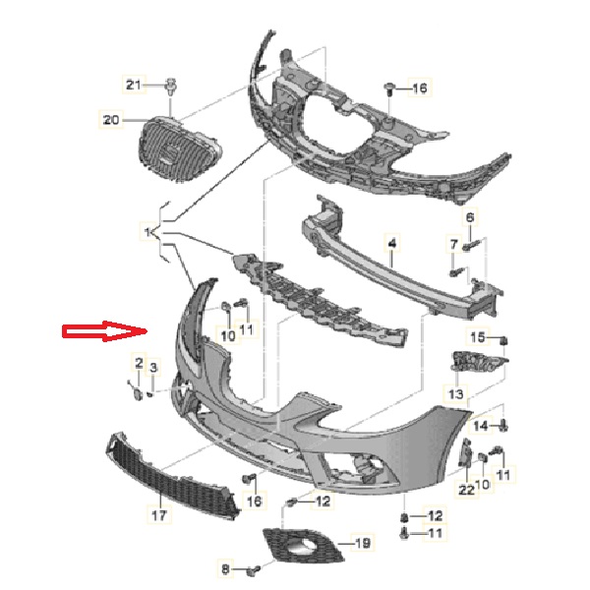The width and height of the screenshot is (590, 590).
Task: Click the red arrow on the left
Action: click(x=104, y=331)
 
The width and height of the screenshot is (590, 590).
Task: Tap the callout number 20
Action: click(x=111, y=120)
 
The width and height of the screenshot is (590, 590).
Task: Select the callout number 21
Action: click(x=133, y=85)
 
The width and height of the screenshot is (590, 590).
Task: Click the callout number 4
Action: click(x=392, y=244)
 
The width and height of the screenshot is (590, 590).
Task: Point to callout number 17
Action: click(x=158, y=514)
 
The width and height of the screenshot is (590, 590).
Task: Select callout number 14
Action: click(x=481, y=426)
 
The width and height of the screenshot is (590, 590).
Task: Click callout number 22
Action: click(x=466, y=490)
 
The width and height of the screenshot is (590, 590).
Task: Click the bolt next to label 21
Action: click(x=171, y=87)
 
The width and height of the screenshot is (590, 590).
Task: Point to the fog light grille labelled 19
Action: click(x=303, y=546)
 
